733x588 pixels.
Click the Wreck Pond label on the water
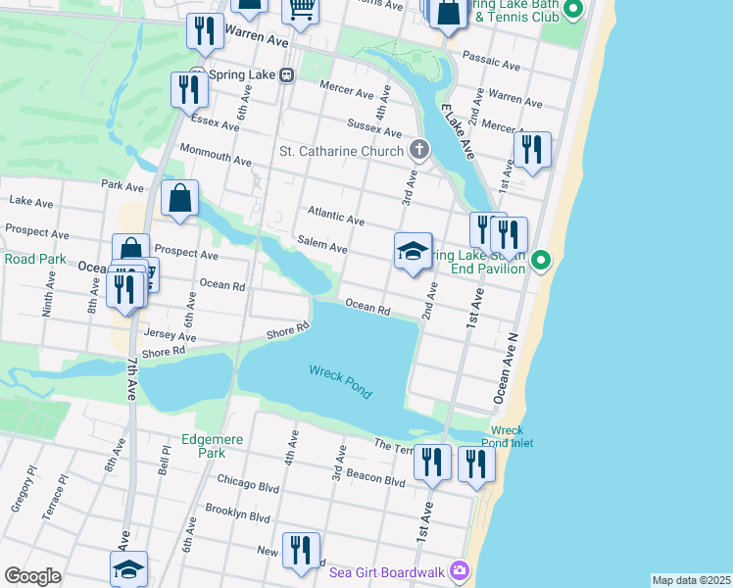click(340, 380)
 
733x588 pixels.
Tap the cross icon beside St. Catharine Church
click(418, 150)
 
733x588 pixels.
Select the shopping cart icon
click(301, 10)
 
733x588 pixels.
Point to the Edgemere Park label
click(204, 446)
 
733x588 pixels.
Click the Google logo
click(32, 576)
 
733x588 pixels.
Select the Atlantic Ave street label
click(336, 216)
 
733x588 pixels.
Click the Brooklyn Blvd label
click(237, 513)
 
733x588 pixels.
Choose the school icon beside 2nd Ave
click(414, 252)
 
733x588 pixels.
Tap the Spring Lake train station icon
click(286, 74)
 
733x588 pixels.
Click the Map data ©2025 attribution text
click(690, 580)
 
